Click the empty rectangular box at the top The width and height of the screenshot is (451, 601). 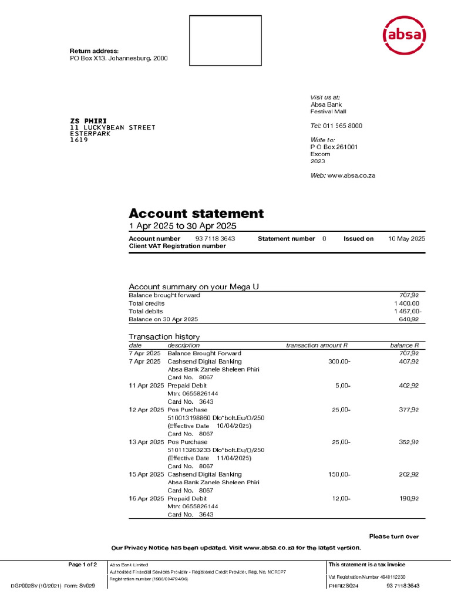coord(225,40)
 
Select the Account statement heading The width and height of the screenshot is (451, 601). coord(196,213)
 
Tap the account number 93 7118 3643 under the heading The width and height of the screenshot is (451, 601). coord(215,239)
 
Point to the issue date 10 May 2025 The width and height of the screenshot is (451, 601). coord(407,239)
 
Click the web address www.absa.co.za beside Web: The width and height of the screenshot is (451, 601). coord(351,176)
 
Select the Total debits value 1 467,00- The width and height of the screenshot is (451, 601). coord(405,311)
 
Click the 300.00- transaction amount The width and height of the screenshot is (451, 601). coord(339,362)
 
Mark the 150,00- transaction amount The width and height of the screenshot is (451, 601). coord(339,474)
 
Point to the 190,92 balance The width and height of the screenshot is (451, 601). coord(408,498)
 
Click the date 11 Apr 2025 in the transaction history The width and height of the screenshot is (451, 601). coord(146,386)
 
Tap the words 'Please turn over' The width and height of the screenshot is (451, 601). coord(394,536)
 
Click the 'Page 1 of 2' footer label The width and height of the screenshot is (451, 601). coord(83,565)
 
